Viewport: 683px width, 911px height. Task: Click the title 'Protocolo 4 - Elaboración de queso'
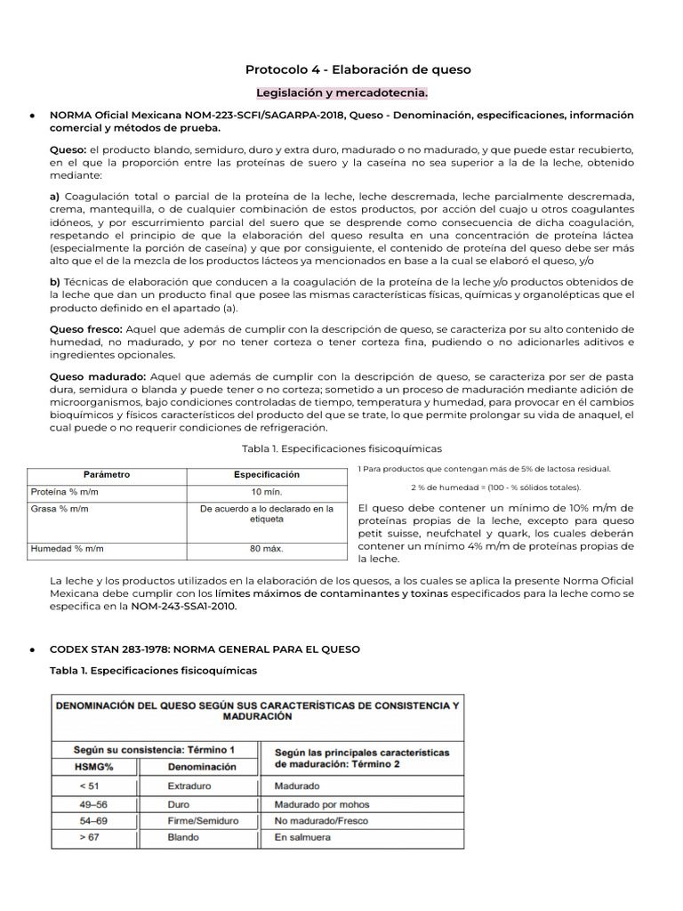tap(358, 69)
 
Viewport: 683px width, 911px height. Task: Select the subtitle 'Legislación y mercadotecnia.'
tap(341, 93)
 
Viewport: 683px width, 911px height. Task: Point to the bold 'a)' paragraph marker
tap(55, 196)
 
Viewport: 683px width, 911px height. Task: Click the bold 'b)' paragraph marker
tap(55, 281)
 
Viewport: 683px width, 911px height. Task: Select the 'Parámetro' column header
tap(107, 475)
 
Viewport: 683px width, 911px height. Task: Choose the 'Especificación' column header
tap(267, 475)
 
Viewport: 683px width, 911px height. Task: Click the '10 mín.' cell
tap(267, 491)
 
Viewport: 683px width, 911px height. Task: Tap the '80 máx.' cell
tap(267, 549)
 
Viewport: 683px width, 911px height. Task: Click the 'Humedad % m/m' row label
tap(67, 549)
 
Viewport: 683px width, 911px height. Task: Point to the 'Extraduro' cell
tap(190, 786)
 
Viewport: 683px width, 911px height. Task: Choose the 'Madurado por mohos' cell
tap(321, 803)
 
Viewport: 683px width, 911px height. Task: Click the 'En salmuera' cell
tap(303, 837)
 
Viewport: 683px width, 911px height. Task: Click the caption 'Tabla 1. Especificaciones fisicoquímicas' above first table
tap(341, 448)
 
